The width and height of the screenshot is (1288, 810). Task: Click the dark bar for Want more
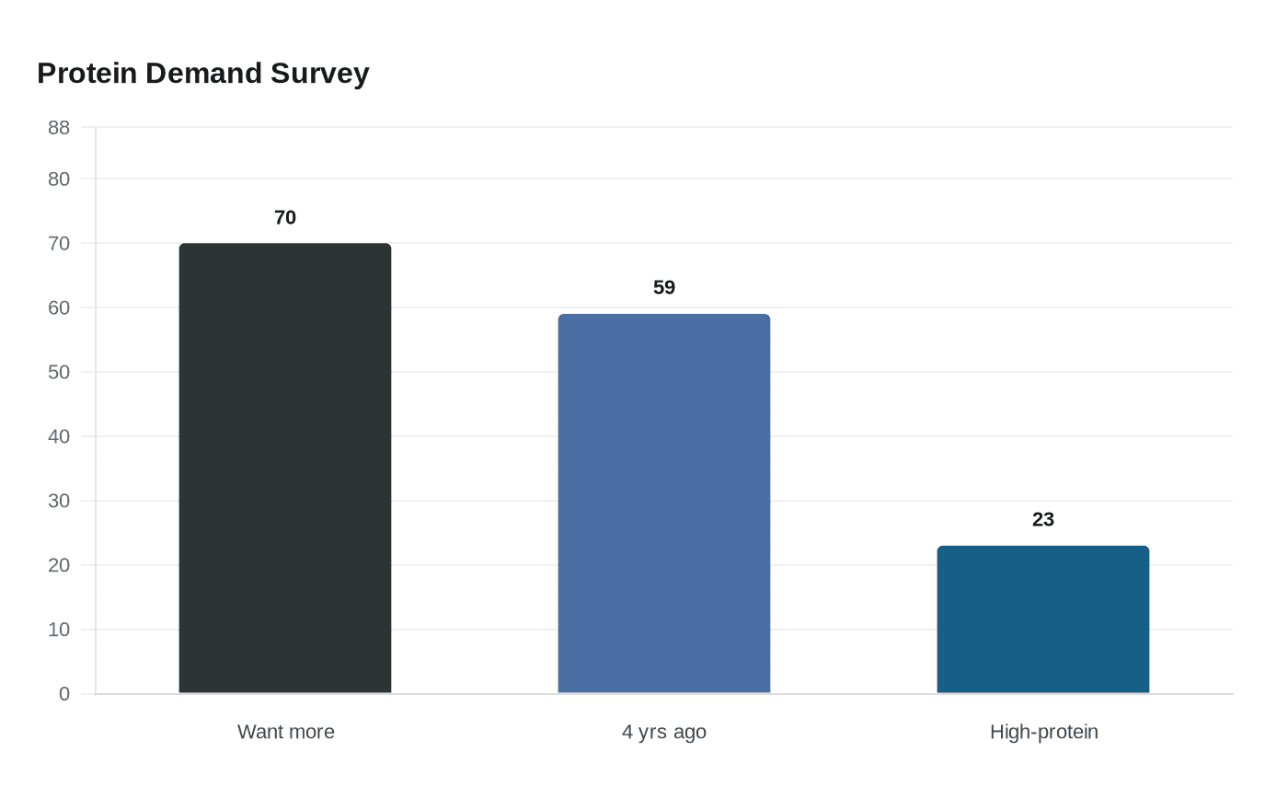pos(285,469)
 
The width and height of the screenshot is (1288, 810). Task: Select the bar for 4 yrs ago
pos(664,503)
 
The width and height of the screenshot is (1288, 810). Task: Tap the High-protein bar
pos(1043,619)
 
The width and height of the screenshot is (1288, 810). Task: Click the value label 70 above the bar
pos(285,217)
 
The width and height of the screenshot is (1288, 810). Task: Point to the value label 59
pos(664,287)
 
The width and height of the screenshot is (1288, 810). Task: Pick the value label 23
pos(1043,519)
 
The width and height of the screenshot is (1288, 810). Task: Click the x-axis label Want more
pos(286,732)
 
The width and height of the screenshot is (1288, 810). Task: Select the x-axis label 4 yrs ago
pos(664,733)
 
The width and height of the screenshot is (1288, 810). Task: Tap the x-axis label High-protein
pos(1044,733)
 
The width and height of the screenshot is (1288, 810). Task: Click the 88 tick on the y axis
pos(59,128)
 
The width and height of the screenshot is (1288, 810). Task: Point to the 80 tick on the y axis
pos(59,179)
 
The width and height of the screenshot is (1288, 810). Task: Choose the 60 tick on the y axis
pos(59,308)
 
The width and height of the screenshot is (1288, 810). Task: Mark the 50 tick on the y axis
pos(59,373)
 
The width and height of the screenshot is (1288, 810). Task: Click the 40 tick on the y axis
pos(59,437)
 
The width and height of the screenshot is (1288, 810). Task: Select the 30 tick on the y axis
pos(59,502)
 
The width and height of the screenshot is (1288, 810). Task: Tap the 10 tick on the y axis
pos(59,631)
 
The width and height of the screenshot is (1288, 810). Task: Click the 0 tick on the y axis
pos(64,694)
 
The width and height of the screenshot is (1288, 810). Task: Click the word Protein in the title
pos(87,74)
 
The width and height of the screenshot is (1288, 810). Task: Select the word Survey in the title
pos(320,75)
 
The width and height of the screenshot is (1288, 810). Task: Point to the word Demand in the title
pos(203,74)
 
